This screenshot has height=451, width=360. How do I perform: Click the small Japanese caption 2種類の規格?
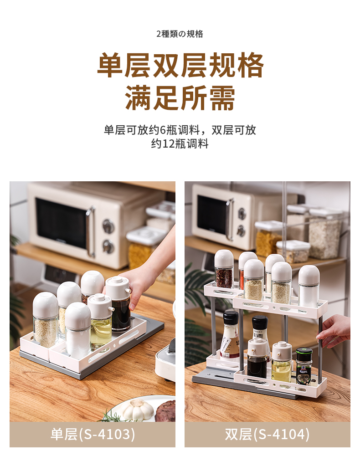coord(180,34)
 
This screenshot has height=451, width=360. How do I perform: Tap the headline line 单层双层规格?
coord(180,65)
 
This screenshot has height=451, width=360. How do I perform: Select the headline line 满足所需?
coord(180,98)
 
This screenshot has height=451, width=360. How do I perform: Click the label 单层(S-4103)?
coord(93,434)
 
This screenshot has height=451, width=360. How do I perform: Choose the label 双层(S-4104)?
coord(267,434)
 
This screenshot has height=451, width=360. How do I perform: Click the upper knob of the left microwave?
coord(109,226)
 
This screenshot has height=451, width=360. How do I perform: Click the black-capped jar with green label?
coord(304,366)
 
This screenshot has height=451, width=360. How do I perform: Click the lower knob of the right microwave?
coord(241,231)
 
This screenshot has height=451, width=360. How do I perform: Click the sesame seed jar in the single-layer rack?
coord(46,320)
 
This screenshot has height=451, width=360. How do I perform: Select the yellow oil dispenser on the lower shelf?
coord(282,361)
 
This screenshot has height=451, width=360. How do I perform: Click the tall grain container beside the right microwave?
coord(325,233)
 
